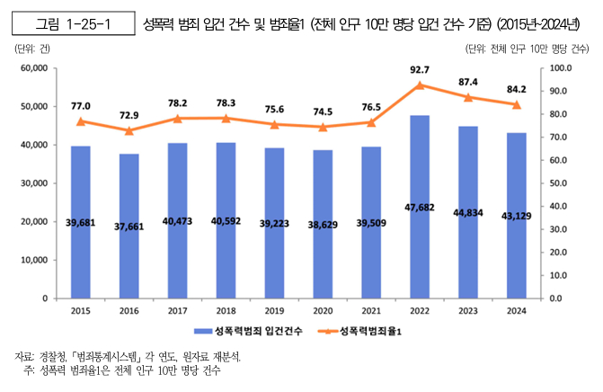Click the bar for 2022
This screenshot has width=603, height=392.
pos(419,206)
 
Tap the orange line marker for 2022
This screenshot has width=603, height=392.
pos(419,85)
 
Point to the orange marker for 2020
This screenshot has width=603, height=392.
pos(323,127)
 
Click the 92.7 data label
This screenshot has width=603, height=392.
pos(419,69)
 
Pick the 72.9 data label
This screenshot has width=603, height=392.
pos(129,116)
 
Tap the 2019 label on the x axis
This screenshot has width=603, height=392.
pos(274,310)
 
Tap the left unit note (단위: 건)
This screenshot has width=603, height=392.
pos(32,49)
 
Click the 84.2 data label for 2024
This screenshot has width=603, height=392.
pos(515,89)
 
